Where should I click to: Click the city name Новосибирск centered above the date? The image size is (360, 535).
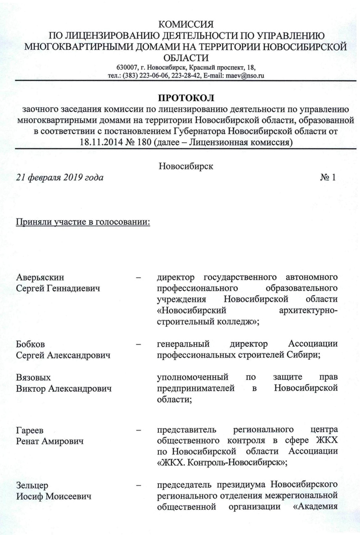[185, 166]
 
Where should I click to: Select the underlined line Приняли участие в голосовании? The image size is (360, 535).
[83, 222]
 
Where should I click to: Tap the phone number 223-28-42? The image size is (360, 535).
[184, 76]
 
